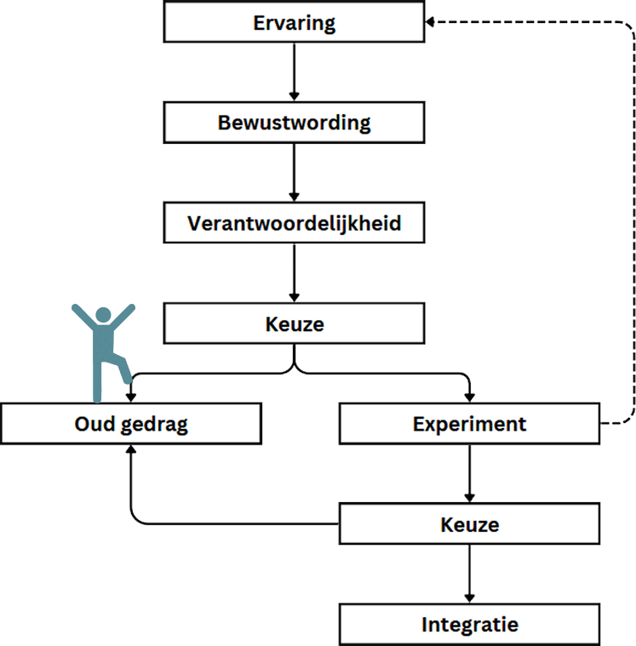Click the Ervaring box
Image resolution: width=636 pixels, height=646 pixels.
(x=294, y=23)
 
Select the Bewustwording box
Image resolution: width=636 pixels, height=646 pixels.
(x=294, y=123)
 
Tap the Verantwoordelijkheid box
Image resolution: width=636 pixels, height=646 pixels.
(x=294, y=224)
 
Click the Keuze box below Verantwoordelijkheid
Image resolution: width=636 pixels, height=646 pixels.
(x=294, y=324)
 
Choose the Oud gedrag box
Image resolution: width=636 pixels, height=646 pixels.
(x=130, y=424)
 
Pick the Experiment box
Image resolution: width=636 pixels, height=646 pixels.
(x=469, y=424)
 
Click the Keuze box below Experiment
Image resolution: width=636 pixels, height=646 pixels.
(x=469, y=524)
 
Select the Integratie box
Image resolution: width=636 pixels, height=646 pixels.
(x=469, y=625)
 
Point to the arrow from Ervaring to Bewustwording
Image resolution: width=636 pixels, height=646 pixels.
(x=294, y=72)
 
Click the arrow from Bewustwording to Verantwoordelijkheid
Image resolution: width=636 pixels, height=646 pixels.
(x=294, y=173)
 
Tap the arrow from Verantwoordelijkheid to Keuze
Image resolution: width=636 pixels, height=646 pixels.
(x=294, y=273)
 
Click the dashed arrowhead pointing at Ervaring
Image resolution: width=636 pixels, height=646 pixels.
(x=430, y=23)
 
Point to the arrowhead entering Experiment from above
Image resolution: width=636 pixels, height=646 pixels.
(x=469, y=397)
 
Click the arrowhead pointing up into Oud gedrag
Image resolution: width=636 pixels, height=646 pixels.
(x=130, y=451)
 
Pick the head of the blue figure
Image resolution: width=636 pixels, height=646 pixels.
(x=103, y=315)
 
